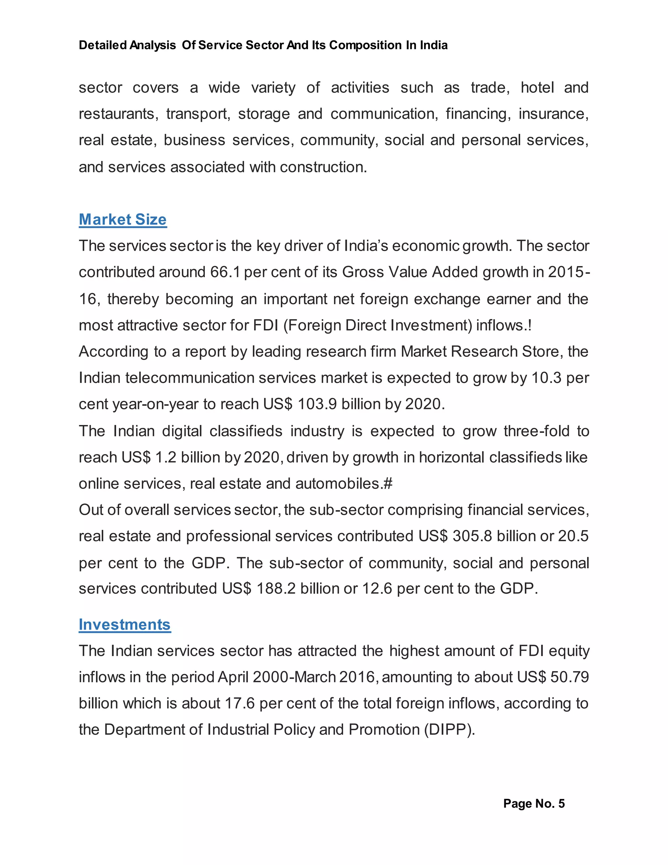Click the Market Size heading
[x=123, y=219]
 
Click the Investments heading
[x=125, y=624]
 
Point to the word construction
[x=323, y=167]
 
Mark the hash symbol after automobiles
[x=388, y=484]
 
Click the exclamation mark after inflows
[x=529, y=325]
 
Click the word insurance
[x=553, y=114]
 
